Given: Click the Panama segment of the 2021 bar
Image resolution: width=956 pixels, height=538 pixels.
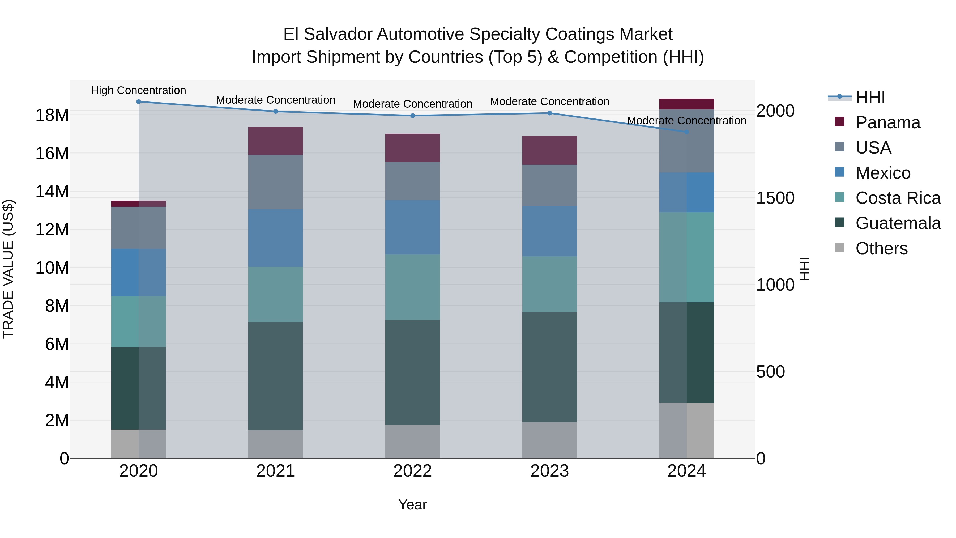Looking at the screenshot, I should [275, 141].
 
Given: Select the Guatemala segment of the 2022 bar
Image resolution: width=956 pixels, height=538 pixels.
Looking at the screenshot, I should [412, 372].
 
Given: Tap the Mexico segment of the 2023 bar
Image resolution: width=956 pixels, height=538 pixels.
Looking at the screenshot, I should [549, 231].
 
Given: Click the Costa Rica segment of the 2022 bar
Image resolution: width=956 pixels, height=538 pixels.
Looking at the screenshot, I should [412, 287].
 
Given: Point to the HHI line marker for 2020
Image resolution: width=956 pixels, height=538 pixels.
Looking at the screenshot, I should [138, 102].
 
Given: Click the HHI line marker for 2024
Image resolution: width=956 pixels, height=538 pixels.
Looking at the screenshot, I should [686, 132].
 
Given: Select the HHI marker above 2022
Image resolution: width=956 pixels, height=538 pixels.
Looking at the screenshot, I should [412, 116].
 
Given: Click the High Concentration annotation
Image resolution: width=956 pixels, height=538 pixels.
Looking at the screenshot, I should [138, 90].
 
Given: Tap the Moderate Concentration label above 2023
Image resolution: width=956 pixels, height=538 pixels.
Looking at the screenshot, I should [549, 101].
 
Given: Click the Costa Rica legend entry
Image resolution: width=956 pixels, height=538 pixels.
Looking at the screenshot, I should [898, 198].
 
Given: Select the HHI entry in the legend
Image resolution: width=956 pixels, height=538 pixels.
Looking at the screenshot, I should [870, 97].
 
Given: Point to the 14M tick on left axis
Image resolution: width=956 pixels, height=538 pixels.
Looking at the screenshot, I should [52, 192].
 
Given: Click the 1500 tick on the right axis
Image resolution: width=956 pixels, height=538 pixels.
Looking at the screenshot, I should [775, 198].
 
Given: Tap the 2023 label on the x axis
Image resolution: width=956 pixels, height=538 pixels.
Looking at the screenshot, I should [549, 471].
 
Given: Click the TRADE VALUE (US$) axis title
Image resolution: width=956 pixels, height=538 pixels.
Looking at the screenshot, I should [8, 269].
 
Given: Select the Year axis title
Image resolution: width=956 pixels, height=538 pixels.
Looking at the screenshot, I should [412, 505].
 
